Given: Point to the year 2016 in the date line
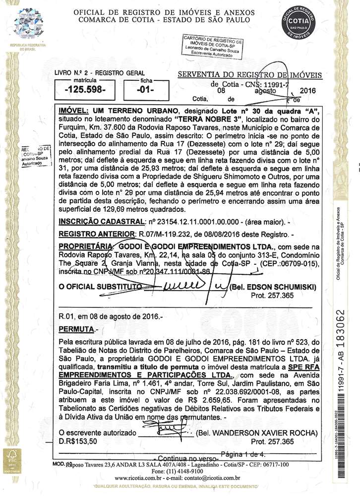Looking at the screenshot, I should coord(308,90).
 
